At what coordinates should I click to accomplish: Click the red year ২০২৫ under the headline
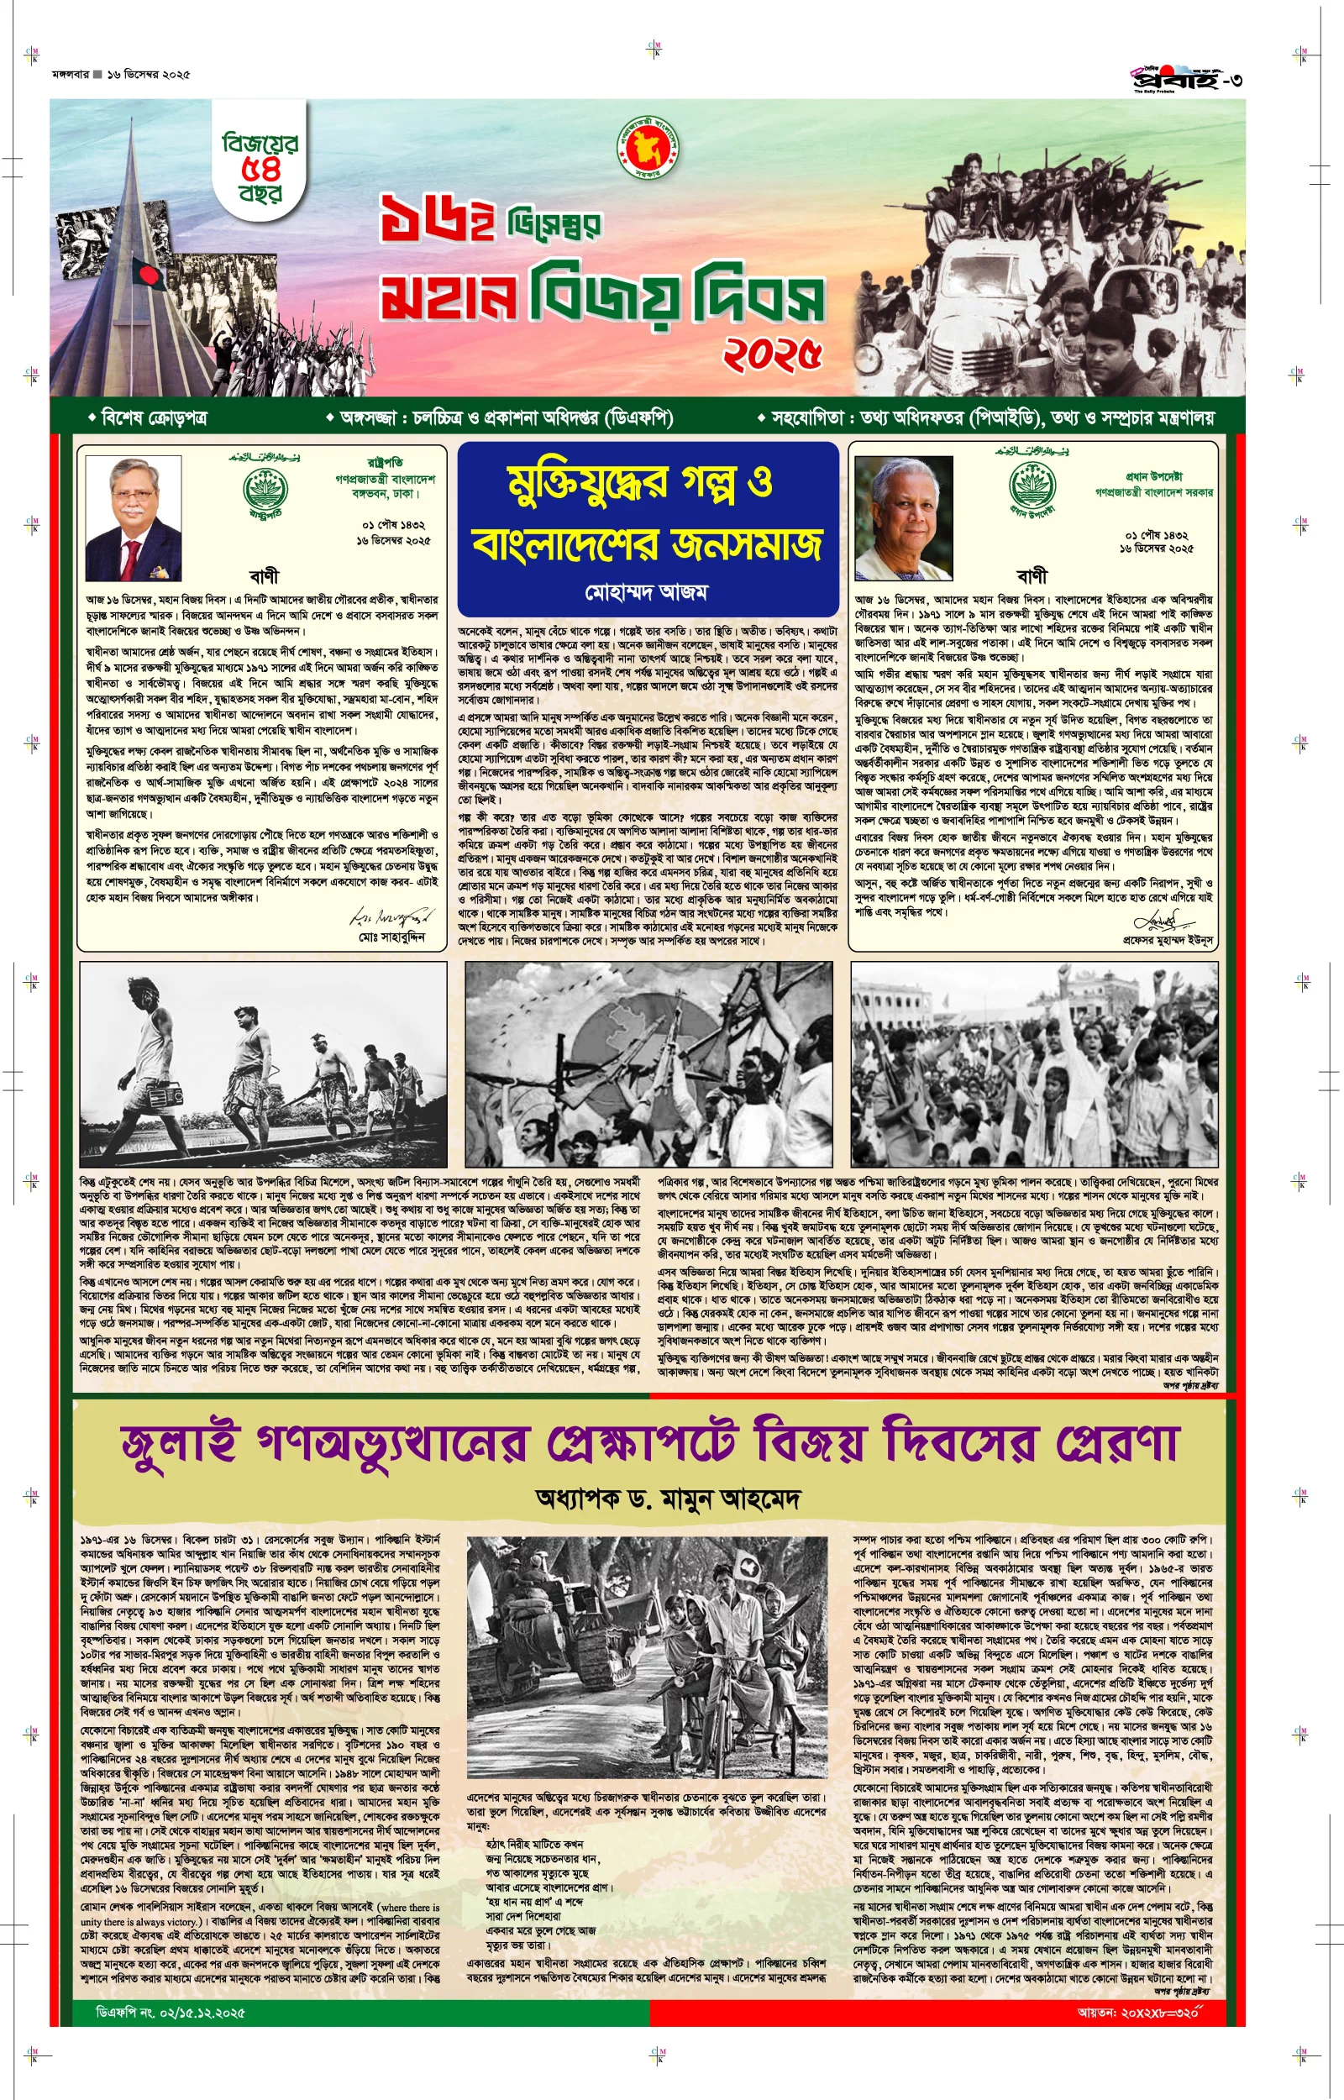click(772, 354)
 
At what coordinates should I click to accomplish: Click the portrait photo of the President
click(133, 519)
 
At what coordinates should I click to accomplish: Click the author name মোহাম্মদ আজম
click(647, 592)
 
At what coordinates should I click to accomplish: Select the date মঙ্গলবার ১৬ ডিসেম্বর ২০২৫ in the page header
click(121, 75)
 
